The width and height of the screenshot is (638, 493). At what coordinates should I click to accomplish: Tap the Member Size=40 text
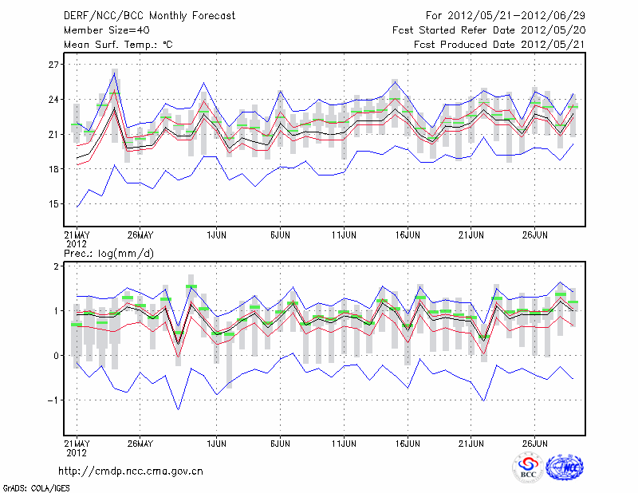101,30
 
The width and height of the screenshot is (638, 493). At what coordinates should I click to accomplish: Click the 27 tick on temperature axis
54,64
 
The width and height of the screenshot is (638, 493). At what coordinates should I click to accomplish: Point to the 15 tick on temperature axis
54,203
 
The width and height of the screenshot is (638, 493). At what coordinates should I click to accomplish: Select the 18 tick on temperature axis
54,169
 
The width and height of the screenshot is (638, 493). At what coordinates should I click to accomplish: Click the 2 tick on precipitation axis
57,266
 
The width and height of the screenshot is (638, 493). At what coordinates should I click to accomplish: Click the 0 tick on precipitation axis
57,355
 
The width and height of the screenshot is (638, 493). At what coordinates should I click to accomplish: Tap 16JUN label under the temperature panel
408,235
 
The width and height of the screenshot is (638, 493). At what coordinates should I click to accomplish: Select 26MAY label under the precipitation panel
140,442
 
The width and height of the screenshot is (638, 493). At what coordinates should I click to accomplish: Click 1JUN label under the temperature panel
216,235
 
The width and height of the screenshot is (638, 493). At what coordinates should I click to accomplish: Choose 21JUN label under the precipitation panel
471,442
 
